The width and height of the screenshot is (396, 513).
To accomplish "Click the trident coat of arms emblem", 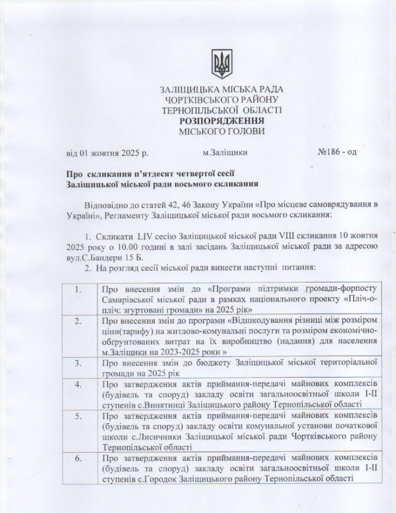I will pos(220,64).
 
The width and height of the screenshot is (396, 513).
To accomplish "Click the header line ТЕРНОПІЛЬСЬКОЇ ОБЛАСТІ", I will pos(221,110).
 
